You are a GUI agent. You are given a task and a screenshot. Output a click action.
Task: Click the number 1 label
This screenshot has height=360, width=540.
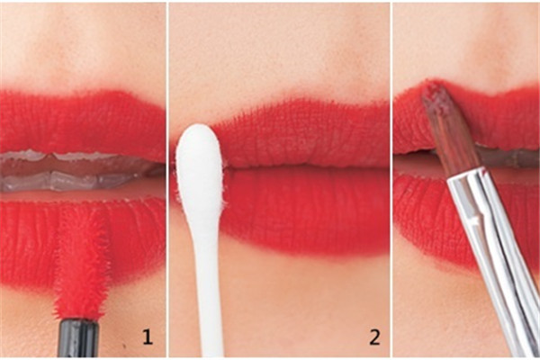148,337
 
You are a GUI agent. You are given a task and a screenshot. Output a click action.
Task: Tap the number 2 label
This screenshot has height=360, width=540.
374,337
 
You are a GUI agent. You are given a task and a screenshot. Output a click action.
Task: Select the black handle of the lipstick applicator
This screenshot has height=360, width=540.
79,338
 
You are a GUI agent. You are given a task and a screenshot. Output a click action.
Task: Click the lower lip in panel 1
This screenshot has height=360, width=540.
83,241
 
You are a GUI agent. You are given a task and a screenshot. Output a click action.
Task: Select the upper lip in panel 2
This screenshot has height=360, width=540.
303,134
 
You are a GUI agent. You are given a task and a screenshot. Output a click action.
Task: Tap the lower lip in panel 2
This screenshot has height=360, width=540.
303,210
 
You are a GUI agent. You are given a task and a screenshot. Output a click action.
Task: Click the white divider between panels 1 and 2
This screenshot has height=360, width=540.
167,180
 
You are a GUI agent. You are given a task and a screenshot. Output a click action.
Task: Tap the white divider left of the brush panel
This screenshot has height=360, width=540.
391,180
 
